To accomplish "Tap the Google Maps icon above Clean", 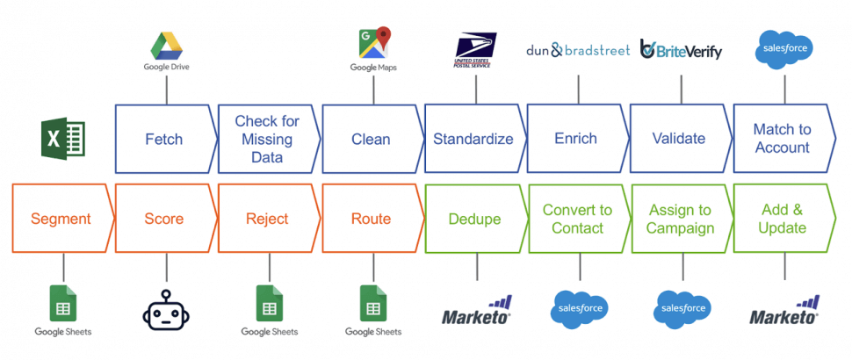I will pos(373,44).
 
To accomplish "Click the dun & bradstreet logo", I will pos(578,50).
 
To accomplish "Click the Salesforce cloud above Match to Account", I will pos(783,48).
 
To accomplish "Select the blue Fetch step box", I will pos(164,139).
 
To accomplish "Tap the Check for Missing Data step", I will pos(267,139).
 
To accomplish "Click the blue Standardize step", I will pos(473,139).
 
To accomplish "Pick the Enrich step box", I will pos(575,139).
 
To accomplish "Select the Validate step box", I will pos(679,139).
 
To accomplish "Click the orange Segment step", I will pos(61,219).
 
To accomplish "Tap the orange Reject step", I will pos(267,219).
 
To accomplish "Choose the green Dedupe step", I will pos(473,219).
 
